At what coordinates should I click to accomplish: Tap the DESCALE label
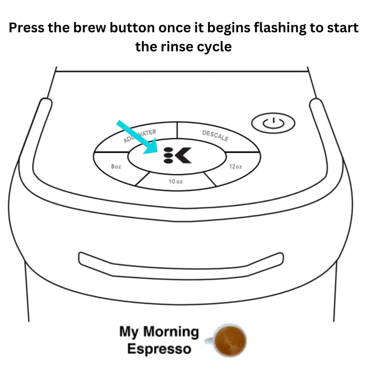215,136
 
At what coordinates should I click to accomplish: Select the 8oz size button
116,167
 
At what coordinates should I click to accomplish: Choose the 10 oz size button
176,181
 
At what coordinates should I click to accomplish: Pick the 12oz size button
236,167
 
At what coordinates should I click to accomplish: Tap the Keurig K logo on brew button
182,156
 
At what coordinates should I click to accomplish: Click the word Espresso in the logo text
159,349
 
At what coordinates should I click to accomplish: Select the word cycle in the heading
215,46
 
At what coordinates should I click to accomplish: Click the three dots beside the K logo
168,156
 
